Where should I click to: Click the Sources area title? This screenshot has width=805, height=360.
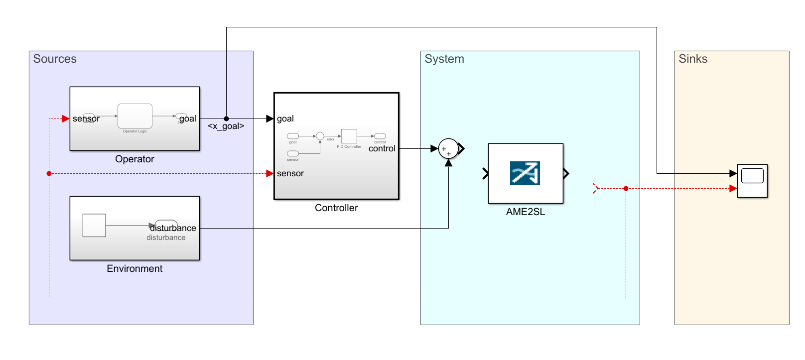tap(55, 59)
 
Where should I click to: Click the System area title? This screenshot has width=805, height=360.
tap(444, 59)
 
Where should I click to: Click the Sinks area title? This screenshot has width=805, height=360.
tap(692, 59)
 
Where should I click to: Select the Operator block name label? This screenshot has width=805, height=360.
tap(134, 159)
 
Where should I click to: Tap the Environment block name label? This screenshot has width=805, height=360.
tap(134, 268)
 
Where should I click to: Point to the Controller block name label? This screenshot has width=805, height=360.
tap(336, 208)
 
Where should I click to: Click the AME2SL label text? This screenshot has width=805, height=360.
tap(525, 212)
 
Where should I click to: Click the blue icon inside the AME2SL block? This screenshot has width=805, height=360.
tap(525, 173)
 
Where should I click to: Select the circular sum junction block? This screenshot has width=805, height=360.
tap(448, 148)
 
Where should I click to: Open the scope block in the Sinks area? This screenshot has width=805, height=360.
tap(752, 181)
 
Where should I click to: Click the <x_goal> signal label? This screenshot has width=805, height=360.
tap(226, 126)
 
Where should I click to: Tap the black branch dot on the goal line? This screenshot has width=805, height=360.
tap(226, 119)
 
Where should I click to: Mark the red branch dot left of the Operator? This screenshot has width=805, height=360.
tap(49, 173)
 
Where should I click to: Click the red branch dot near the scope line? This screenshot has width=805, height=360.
tap(626, 188)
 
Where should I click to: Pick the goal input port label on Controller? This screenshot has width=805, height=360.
tap(285, 119)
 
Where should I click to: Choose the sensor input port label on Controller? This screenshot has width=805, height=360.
tap(290, 173)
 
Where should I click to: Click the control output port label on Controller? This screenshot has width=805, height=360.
tap(382, 148)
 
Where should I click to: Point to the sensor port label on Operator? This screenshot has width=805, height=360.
tap(86, 119)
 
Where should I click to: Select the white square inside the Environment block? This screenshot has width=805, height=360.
tap(94, 226)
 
